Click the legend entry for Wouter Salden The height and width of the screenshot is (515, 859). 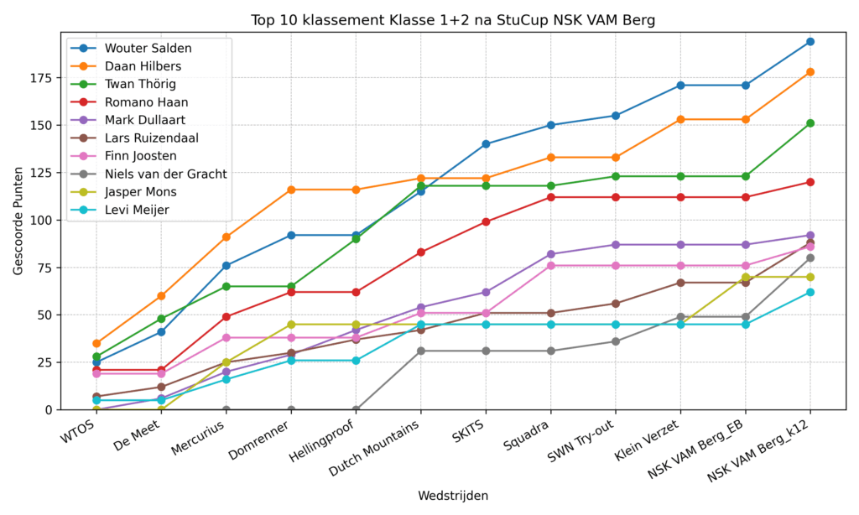[147, 48]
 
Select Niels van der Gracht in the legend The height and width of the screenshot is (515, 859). [165, 174]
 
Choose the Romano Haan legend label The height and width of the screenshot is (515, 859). [146, 102]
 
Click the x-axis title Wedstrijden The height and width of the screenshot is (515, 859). [453, 496]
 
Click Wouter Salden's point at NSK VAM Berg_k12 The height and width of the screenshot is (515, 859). [810, 41]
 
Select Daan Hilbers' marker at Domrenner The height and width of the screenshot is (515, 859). [291, 190]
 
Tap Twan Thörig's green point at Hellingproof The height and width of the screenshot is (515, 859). [356, 239]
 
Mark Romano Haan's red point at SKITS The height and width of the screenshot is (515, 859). [486, 222]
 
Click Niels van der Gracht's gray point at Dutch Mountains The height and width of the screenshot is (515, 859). [420, 351]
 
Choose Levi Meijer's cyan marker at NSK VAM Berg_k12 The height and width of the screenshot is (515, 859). [810, 292]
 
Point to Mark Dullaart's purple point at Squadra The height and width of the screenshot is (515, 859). [550, 254]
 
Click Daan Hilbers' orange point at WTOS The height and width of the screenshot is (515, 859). [96, 343]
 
